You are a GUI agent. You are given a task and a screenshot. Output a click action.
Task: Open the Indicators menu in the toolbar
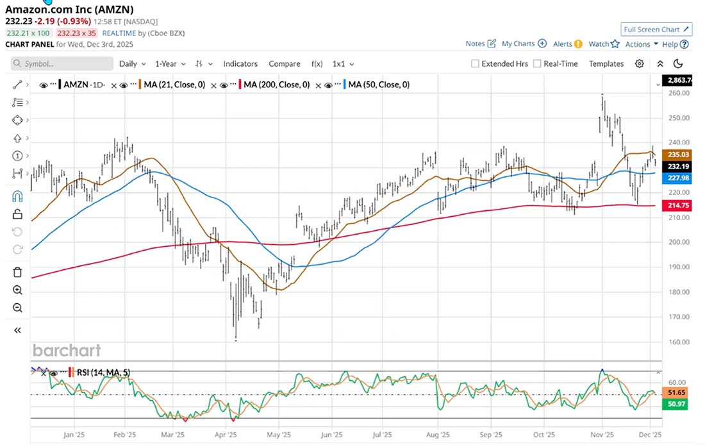click(240, 63)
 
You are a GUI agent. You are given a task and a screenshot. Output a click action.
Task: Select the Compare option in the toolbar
click(285, 63)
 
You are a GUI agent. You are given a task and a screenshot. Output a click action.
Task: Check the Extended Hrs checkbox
click(475, 63)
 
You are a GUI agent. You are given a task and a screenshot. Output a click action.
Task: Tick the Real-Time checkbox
click(537, 63)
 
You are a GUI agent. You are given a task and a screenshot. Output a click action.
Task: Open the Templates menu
click(606, 63)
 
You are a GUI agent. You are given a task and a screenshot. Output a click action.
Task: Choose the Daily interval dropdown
click(132, 63)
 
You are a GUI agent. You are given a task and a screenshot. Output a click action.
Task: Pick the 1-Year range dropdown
click(170, 63)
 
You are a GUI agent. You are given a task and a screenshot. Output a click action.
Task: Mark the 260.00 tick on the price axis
click(677, 93)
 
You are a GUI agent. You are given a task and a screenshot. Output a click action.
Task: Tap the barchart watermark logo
click(67, 350)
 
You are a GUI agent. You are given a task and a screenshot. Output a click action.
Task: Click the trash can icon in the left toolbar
click(17, 273)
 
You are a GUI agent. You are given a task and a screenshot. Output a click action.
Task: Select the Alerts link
click(567, 44)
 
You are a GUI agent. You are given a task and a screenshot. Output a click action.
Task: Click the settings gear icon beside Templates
click(639, 63)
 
